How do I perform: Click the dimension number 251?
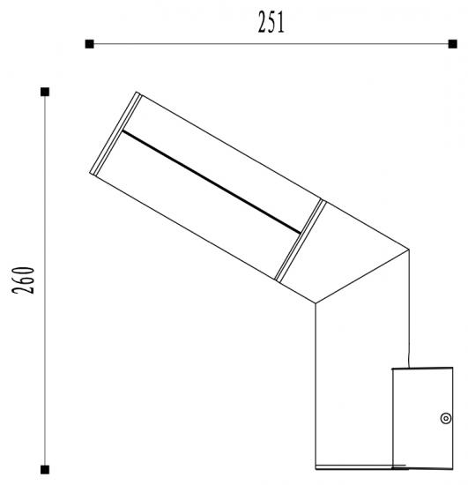(x=271, y=22)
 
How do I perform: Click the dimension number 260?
(x=23, y=280)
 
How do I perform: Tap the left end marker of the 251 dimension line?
(x=89, y=44)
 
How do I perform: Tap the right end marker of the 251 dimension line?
(x=453, y=44)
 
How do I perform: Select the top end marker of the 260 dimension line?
(x=45, y=92)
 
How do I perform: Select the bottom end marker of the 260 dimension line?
(x=45, y=470)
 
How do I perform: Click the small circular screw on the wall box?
(x=446, y=419)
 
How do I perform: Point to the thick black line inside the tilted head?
(x=212, y=183)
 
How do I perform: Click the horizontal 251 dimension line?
(x=271, y=44)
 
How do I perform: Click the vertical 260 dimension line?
(x=45, y=280)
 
